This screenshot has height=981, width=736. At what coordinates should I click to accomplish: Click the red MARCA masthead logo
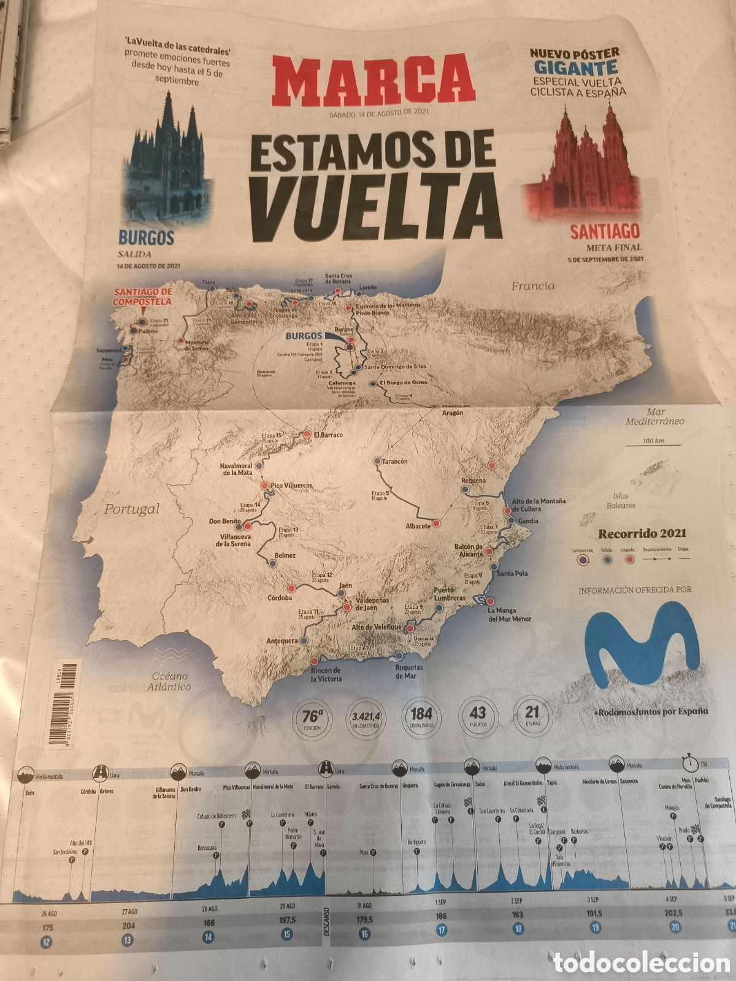374,80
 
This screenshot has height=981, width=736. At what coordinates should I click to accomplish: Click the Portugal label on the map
131,508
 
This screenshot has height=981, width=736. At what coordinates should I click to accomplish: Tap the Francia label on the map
532,285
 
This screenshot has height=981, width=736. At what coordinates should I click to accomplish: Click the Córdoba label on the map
280,597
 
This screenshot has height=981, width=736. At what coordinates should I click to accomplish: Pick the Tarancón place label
394,461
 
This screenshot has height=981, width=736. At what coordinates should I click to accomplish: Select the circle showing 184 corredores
421,717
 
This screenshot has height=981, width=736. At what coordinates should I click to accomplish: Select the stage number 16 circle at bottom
365,933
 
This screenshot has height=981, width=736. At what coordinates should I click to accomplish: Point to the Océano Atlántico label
167,681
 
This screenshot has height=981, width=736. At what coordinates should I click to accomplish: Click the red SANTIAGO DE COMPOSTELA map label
142,297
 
